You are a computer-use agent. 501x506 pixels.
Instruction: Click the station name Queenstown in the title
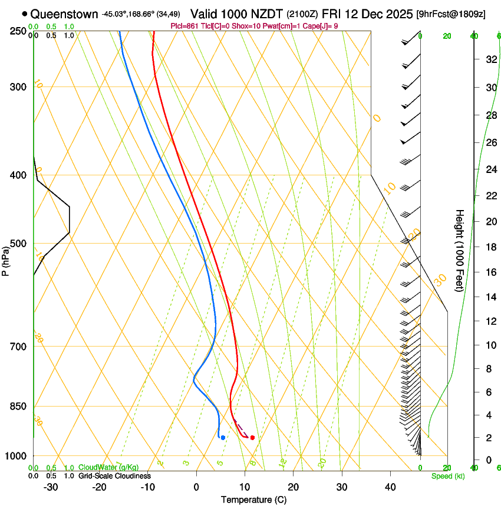pos(64,14)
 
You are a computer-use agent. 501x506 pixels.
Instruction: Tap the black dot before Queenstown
pos(24,14)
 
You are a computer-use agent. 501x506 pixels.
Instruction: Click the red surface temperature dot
pos(252,437)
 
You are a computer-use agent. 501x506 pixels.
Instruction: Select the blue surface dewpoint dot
pos(223,437)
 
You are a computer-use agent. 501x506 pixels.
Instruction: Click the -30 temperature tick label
pos(51,487)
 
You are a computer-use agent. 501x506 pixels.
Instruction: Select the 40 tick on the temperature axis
pos(390,487)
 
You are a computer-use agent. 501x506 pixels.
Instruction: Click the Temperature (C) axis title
pos(253,500)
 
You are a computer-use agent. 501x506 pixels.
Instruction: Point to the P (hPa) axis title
pos(5,259)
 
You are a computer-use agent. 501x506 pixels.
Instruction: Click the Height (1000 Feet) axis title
pos(460,250)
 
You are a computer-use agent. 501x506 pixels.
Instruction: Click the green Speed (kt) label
pos(447,476)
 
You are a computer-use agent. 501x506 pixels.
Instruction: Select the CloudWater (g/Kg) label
pos(108,468)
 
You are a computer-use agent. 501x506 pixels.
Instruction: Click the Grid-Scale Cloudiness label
pos(114,476)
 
